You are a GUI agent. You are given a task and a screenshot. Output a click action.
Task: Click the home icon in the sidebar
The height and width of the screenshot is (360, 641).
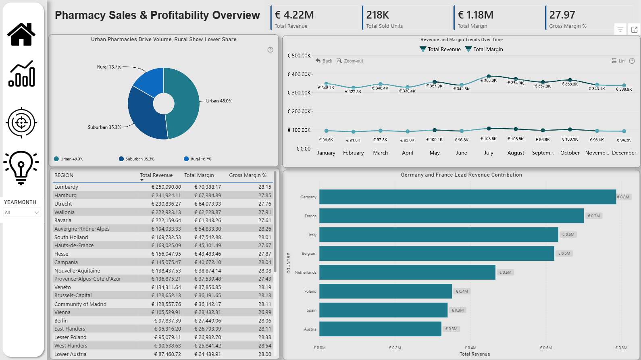pos(21,34)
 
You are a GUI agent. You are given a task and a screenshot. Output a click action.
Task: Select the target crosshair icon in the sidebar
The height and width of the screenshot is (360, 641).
pos(21,123)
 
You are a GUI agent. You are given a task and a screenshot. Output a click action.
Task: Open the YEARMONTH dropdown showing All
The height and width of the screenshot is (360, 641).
pos(22,212)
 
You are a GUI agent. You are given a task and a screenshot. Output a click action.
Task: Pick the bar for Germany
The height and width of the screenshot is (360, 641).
pos(468,197)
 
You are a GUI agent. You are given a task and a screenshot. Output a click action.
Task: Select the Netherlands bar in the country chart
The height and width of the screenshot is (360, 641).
pos(407,272)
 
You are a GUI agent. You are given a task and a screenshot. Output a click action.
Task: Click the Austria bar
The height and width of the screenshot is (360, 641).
pos(380,329)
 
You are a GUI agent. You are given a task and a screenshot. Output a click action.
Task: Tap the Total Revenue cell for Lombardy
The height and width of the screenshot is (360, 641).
pos(166,187)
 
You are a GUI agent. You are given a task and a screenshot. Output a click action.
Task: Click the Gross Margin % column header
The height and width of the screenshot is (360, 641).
pos(248,175)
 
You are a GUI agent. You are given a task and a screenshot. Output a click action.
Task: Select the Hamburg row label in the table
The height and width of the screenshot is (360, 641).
pos(65,196)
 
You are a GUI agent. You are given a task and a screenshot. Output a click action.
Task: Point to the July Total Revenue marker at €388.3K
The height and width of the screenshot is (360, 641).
pos(489,76)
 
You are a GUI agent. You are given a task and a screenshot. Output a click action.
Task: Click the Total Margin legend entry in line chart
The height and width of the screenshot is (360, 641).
pos(484,49)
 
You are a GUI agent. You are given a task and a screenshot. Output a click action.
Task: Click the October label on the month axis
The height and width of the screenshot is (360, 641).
pos(570,153)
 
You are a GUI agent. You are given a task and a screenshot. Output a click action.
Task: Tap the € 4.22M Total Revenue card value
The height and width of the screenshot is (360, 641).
pos(294,15)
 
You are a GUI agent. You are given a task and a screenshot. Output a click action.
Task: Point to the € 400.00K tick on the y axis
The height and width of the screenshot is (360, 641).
pos(299,74)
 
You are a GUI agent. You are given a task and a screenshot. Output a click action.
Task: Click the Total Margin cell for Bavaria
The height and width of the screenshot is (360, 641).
pos(207,221)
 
